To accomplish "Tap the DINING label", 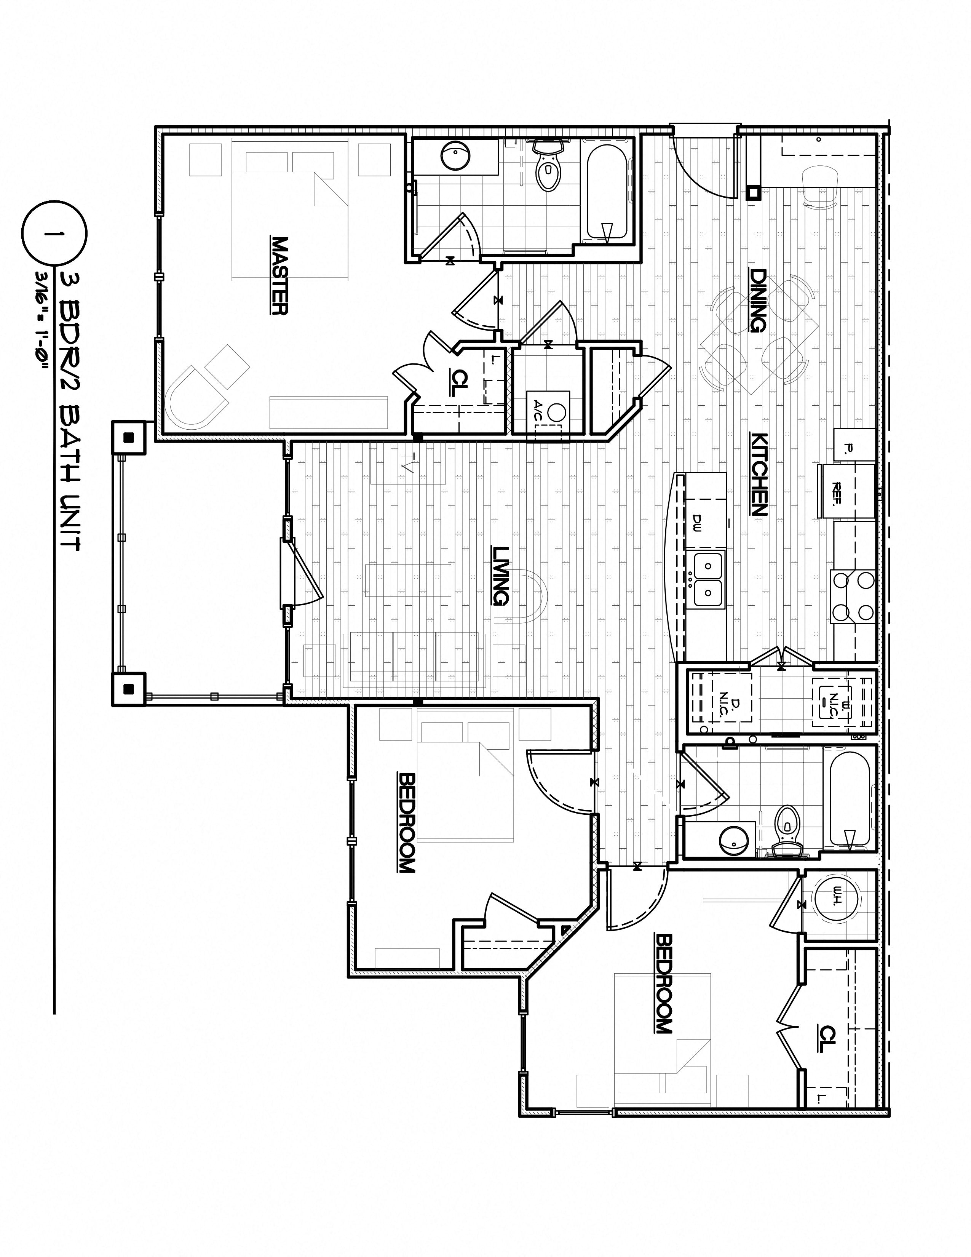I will coord(757,301).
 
